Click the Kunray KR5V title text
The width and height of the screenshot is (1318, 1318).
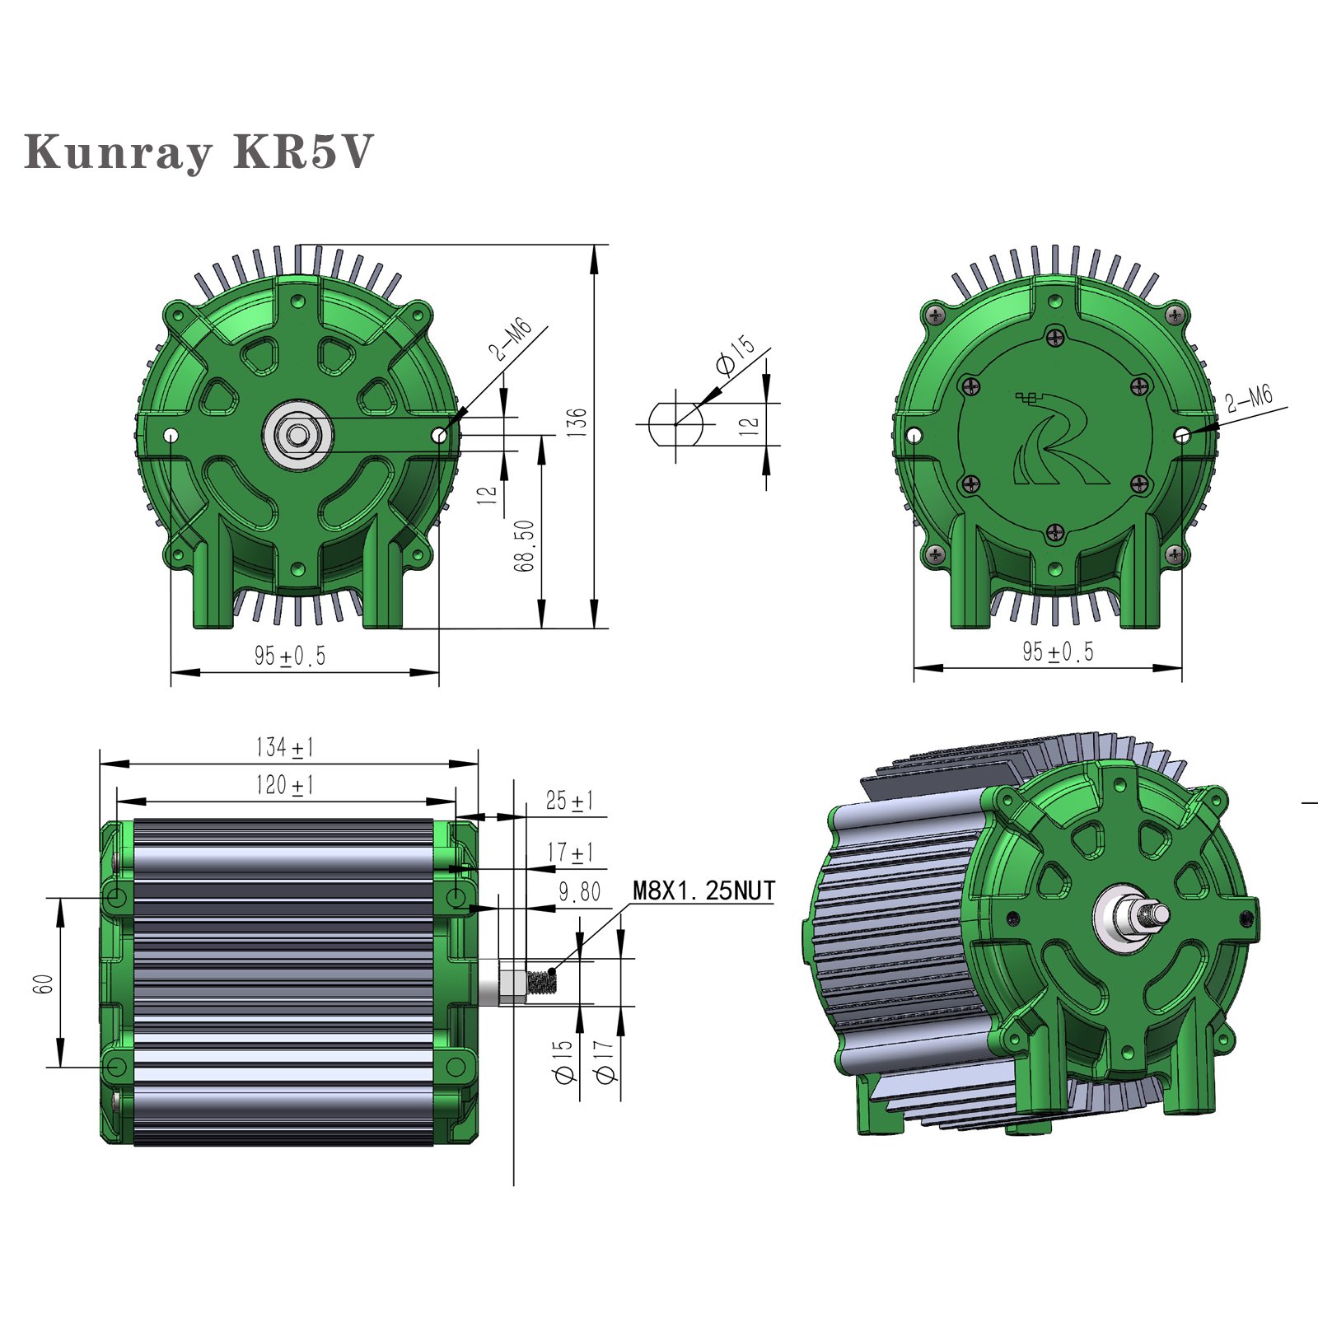tap(199, 152)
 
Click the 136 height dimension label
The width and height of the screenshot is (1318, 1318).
tap(577, 422)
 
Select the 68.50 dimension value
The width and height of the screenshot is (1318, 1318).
tap(524, 545)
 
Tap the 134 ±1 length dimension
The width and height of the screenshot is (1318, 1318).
tap(284, 747)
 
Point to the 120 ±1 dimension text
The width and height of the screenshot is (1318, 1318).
tap(284, 785)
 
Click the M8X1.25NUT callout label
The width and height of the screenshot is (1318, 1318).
tap(703, 890)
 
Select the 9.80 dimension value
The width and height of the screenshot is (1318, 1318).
tap(579, 892)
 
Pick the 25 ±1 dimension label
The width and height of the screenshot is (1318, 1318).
tap(568, 801)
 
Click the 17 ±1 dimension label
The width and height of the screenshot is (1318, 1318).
tap(569, 852)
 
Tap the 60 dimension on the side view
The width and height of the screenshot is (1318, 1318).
tap(43, 984)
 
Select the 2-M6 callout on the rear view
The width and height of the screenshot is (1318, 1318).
tap(1248, 399)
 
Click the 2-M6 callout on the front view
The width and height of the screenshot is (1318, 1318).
tap(510, 339)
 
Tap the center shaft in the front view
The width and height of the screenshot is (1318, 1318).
tap(298, 435)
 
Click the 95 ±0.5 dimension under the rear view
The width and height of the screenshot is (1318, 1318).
tap(1058, 652)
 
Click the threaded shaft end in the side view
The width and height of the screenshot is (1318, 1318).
tap(542, 982)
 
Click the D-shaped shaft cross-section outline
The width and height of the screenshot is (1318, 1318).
tap(675, 424)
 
